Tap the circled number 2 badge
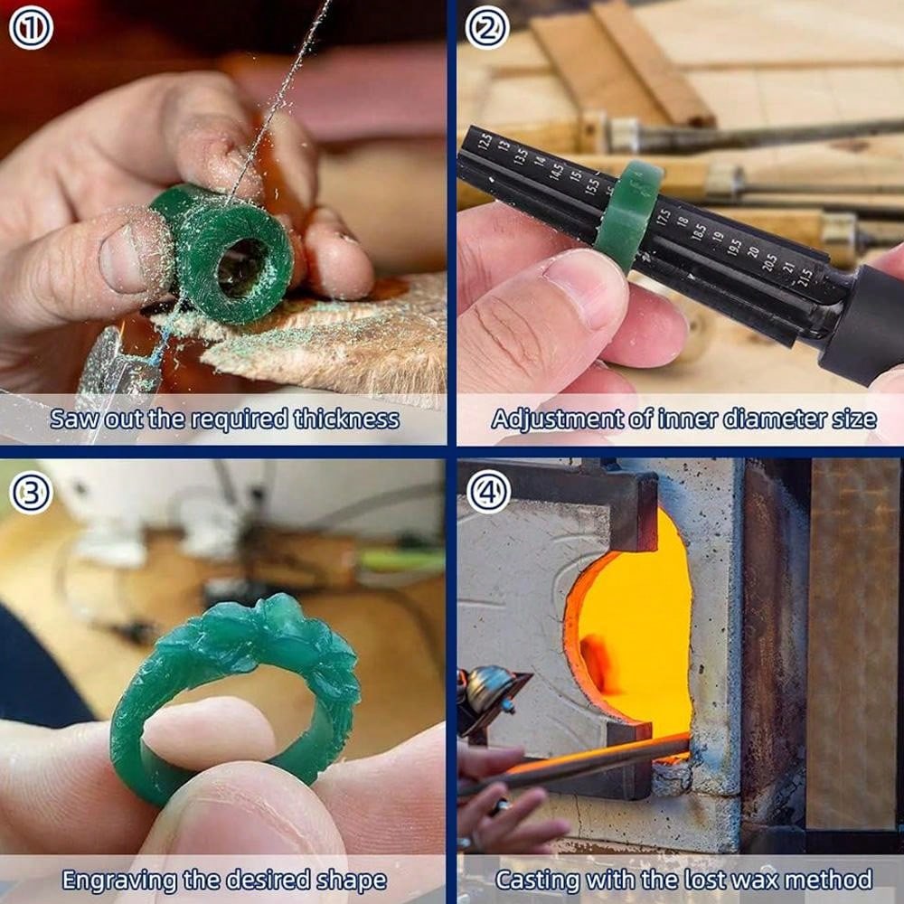pyautogui.click(x=487, y=29)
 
